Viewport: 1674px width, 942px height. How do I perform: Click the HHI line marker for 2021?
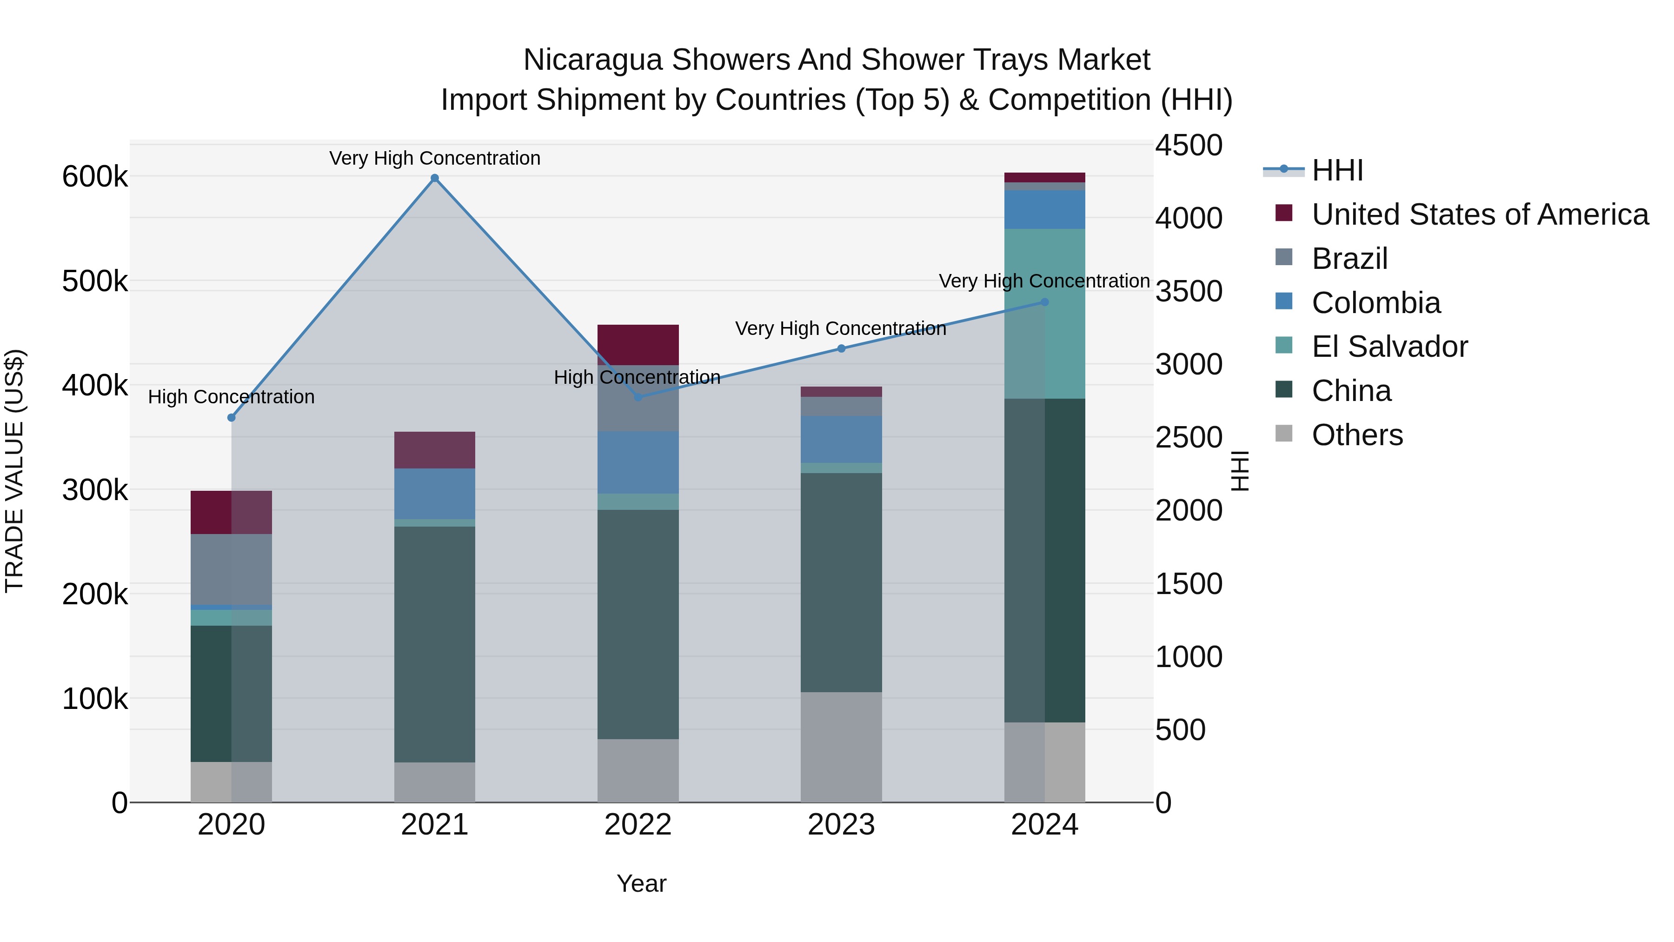point(435,178)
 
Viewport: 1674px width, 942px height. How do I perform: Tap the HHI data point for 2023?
point(841,348)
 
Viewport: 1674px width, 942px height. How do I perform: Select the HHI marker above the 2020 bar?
point(232,417)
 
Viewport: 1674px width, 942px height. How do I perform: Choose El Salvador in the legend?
point(1389,347)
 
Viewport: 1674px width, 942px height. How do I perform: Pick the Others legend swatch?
point(1283,434)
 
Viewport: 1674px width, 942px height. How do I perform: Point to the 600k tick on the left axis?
point(95,177)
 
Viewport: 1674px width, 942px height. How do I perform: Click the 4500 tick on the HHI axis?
point(1189,145)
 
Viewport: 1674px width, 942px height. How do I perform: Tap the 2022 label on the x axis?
point(638,825)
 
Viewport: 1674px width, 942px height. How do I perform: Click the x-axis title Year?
point(641,883)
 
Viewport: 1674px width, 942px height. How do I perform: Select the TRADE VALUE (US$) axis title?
point(15,471)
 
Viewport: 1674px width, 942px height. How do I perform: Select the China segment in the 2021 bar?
point(434,644)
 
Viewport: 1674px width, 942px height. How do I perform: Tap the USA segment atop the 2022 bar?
point(638,345)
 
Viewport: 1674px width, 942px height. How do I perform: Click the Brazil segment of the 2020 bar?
point(232,569)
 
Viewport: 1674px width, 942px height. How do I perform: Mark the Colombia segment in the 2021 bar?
point(434,494)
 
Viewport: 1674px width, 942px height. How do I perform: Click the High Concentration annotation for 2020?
point(232,396)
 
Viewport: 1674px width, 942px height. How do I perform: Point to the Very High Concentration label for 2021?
point(435,158)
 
